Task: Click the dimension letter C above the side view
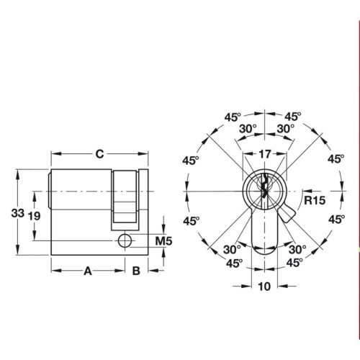pos(100,153)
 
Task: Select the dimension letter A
pos(88,271)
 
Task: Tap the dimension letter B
pos(135,271)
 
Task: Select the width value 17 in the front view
pos(266,153)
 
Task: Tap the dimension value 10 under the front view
pos(265,286)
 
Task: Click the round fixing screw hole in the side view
pos(125,240)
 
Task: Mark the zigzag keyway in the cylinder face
pos(266,189)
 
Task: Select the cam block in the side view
pos(125,196)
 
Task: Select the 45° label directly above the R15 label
pos(335,160)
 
